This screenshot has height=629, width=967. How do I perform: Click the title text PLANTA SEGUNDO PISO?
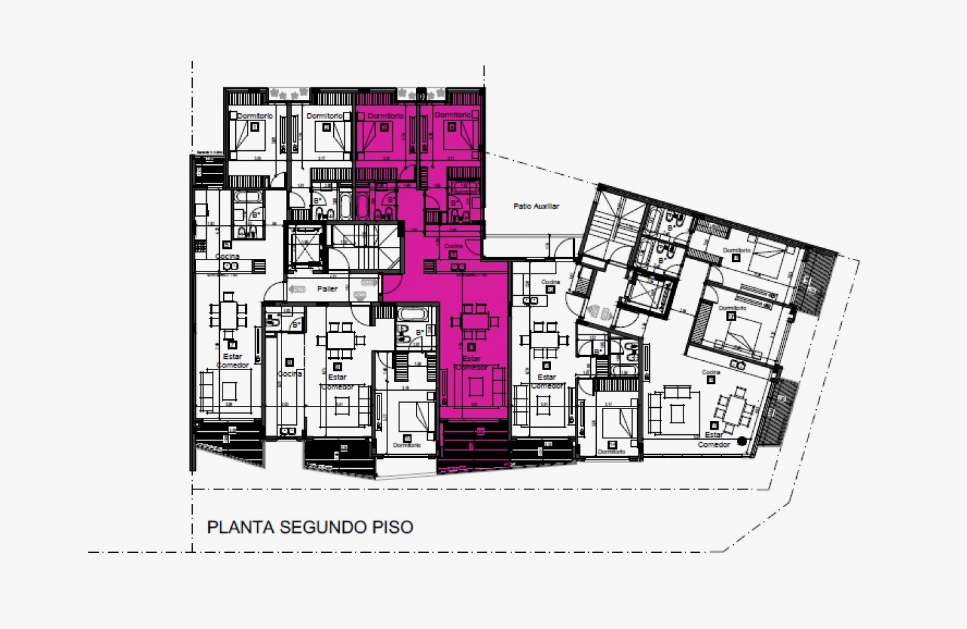[310, 527]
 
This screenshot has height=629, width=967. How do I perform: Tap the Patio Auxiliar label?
[536, 207]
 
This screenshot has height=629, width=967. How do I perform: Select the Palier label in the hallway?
[327, 289]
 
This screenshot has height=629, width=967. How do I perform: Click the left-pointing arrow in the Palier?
[297, 289]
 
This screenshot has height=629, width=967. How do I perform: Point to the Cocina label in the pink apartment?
[454, 246]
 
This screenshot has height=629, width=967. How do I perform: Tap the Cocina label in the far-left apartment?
[227, 256]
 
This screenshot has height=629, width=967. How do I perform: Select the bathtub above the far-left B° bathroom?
[248, 197]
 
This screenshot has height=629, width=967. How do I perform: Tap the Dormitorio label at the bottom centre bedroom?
[406, 446]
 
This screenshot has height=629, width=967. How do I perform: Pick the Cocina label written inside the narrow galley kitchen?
[289, 374]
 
